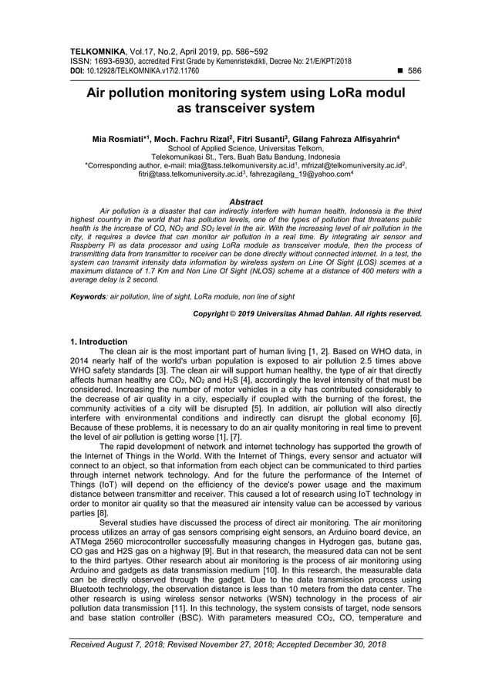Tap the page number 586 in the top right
(x=415, y=70)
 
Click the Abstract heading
(x=246, y=201)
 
